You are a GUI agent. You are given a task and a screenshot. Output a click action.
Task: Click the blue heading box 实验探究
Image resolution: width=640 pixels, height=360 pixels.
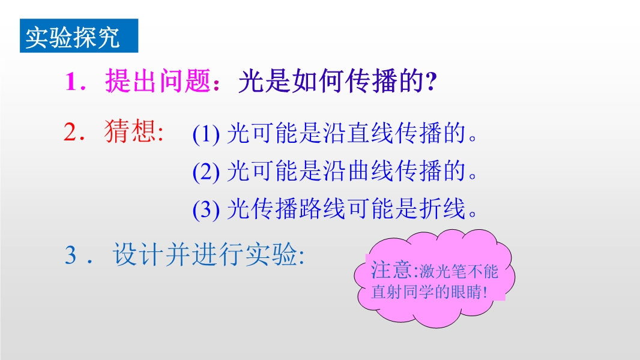coord(79,36)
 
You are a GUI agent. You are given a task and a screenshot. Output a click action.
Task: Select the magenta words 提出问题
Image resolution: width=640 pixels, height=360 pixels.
coord(158,80)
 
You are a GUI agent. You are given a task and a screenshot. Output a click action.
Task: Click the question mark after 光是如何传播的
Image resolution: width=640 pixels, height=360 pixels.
coord(430,81)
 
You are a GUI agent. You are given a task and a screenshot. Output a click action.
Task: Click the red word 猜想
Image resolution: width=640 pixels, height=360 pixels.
coord(130,131)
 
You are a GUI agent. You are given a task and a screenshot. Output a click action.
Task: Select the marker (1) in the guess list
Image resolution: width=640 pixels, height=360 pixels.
coord(206,134)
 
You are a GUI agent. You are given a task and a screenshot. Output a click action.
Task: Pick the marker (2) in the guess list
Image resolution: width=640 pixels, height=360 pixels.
coord(206,172)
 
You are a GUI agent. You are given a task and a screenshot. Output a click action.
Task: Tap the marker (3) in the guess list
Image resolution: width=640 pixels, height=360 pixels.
coord(206,209)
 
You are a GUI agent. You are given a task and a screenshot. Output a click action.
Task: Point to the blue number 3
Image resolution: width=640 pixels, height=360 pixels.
coord(71,255)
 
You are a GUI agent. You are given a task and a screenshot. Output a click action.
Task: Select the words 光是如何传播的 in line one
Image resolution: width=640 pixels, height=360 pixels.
coord(331,81)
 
